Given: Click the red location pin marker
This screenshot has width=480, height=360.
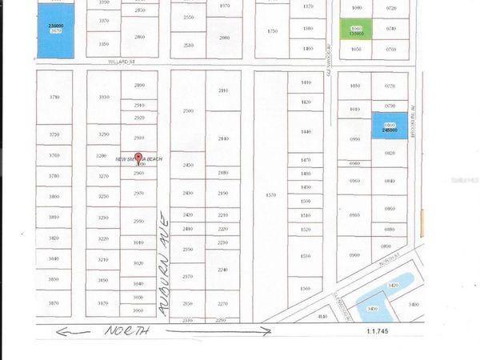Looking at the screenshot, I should [137, 158].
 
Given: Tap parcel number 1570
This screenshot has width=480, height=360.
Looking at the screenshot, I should [270, 194].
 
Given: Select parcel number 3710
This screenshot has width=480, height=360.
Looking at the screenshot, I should [54, 97].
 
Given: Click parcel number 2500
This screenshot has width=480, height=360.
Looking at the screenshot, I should [188, 110].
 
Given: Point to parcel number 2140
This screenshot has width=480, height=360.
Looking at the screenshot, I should [223, 138].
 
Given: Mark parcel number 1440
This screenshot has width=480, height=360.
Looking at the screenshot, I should [306, 131].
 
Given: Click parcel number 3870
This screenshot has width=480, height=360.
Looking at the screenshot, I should [54, 303].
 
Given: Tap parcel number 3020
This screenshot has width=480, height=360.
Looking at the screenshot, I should [138, 263].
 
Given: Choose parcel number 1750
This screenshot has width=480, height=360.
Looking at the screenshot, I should [271, 30].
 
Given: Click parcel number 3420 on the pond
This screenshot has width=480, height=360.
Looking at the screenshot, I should [392, 284].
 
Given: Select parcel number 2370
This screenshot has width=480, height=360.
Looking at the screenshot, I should [188, 277].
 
